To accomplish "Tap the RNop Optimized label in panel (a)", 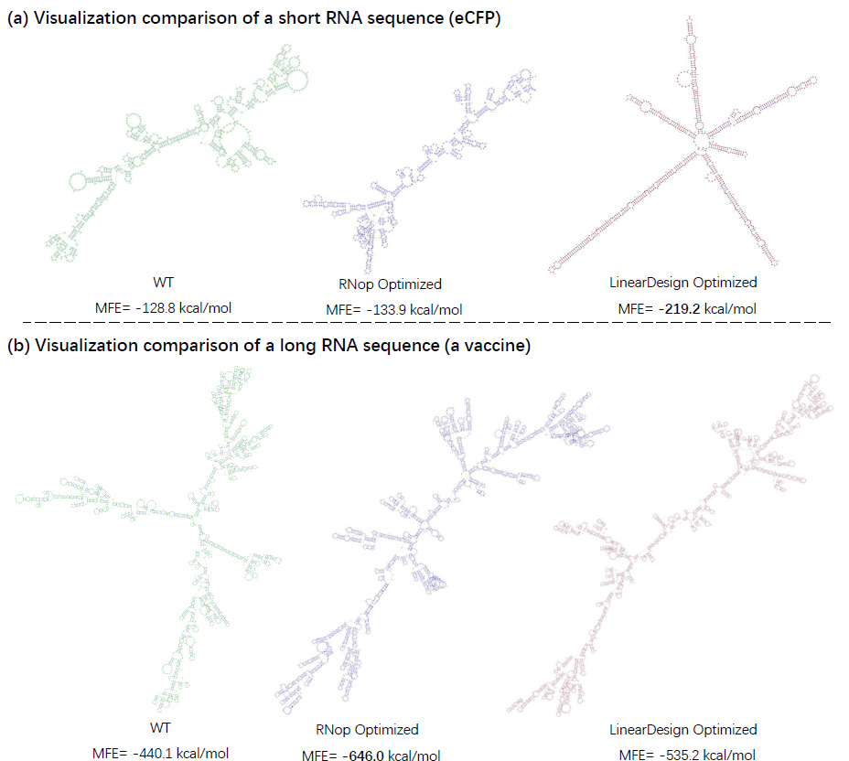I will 383,284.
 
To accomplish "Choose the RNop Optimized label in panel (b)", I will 367,730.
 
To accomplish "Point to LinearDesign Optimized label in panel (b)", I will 683,730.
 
